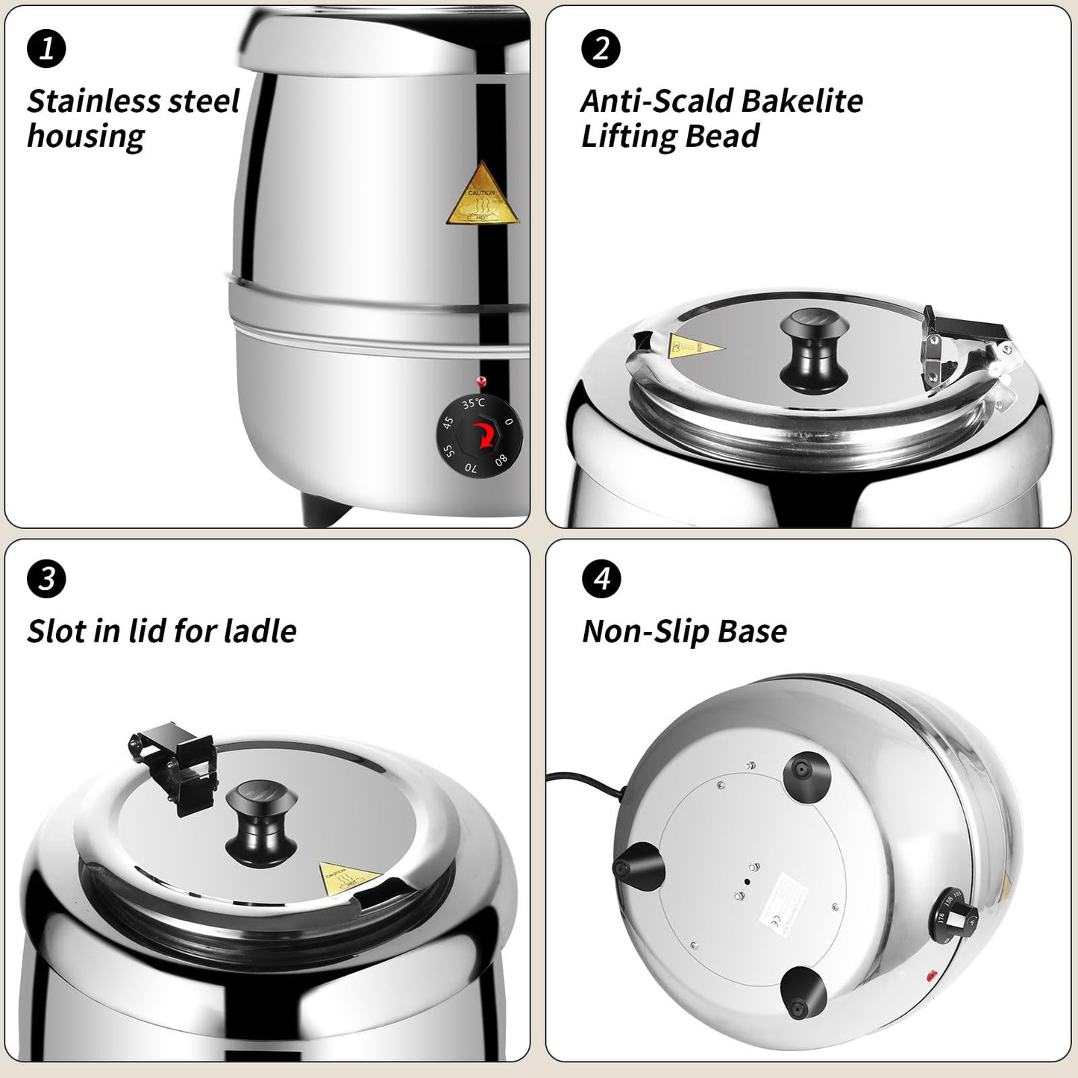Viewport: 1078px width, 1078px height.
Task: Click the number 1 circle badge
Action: point(46,48)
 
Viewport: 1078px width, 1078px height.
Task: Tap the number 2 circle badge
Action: point(601,48)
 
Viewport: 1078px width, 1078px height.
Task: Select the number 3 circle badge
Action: point(46,579)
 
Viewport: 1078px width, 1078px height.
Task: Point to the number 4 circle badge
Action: point(601,579)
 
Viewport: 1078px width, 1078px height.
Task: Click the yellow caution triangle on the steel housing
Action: point(483,198)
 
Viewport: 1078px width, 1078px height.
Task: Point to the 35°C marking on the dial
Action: point(473,404)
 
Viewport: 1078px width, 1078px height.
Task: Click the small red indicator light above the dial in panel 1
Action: point(481,381)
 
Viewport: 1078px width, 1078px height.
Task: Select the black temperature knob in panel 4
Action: point(956,914)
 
